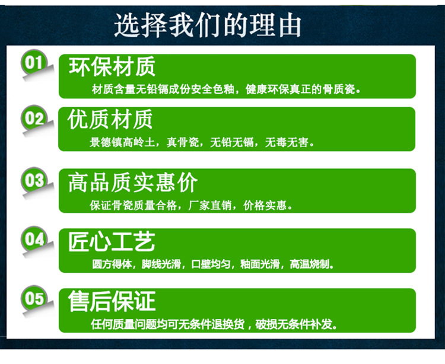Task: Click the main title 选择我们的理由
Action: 208,25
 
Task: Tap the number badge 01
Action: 33,62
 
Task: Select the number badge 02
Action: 33,118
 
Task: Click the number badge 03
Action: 33,180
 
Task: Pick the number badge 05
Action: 33,298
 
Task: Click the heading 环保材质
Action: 112,66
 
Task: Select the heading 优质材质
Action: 110,119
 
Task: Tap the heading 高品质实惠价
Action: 133,183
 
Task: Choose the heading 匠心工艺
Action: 112,242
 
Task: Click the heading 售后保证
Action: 112,301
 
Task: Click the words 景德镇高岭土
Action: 122,142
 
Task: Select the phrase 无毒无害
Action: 287,142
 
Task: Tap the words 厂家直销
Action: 210,205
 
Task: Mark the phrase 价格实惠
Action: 265,205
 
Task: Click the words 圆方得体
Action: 112,264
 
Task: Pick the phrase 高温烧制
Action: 310,264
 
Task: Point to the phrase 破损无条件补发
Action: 294,324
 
